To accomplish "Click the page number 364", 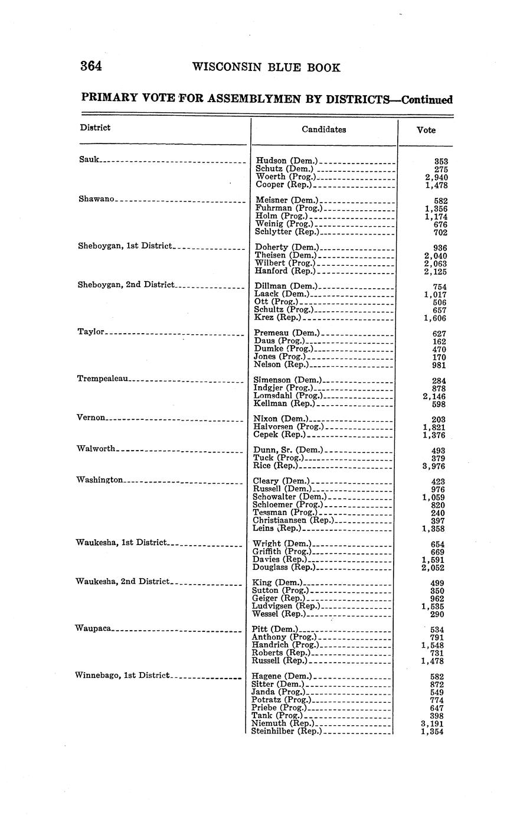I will tap(91, 66).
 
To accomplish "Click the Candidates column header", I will tap(323, 130).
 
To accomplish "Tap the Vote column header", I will tap(426, 130).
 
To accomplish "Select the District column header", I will tap(95, 128).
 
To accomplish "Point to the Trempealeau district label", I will tap(103, 378).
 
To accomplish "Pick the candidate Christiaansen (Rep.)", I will tap(293, 520).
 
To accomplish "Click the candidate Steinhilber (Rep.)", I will tap(287, 731).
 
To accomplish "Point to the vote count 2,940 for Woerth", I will tap(436, 177).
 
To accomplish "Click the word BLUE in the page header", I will tap(278, 68).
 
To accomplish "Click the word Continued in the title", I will tap(427, 100).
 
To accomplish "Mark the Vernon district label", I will tap(91, 418).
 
